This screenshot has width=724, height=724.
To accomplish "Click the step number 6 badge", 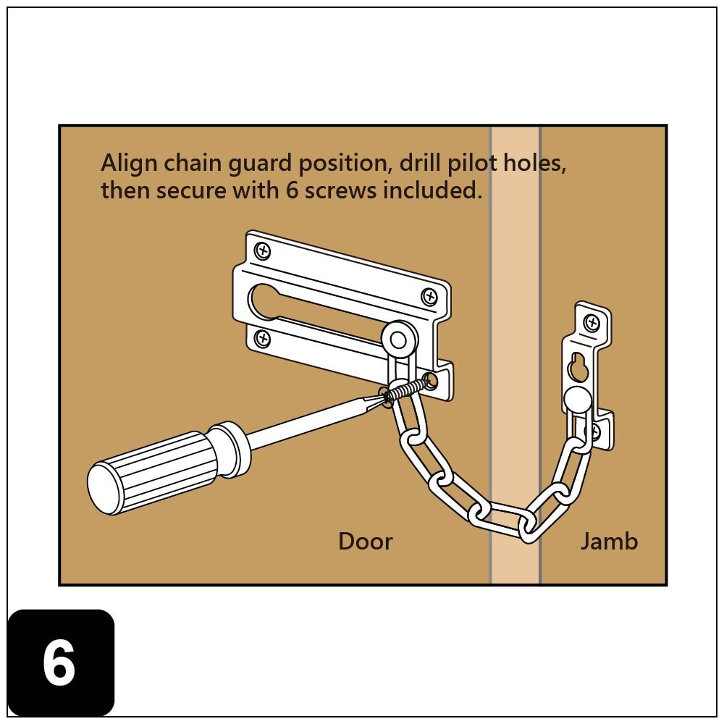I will pyautogui.click(x=60, y=662).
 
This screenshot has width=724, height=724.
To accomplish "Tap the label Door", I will pyautogui.click(x=365, y=542).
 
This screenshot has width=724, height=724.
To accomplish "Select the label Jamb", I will pyautogui.click(x=609, y=542).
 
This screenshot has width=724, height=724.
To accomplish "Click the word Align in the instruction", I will pyautogui.click(x=130, y=163).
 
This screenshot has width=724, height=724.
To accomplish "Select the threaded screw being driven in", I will pyautogui.click(x=404, y=390).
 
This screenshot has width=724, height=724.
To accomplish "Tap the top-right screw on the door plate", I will pyautogui.click(x=429, y=296).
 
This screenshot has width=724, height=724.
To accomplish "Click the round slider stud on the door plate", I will pyautogui.click(x=397, y=338).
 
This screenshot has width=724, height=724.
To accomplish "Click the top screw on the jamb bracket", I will pyautogui.click(x=592, y=322).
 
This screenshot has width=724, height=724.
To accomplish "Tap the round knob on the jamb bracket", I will pyautogui.click(x=577, y=399).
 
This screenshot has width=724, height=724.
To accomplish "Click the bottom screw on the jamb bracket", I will pyautogui.click(x=594, y=432).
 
